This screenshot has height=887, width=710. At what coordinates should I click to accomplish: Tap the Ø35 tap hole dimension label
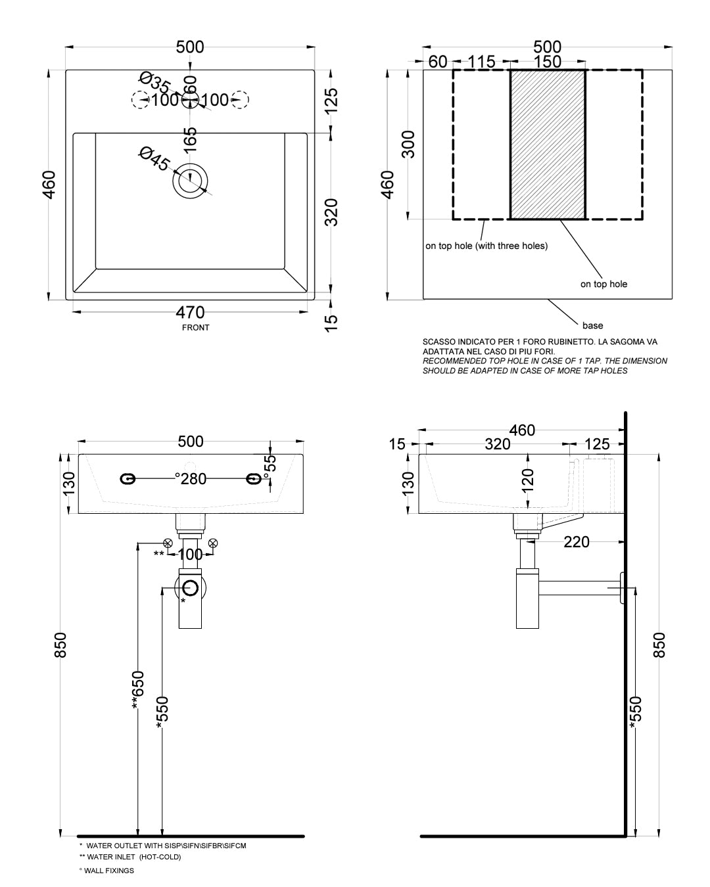[x=154, y=83]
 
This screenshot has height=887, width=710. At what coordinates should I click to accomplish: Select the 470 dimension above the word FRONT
[x=190, y=313]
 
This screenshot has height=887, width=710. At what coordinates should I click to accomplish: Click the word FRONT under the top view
[x=196, y=327]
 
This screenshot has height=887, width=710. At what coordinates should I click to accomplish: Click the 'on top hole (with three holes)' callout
[x=486, y=246]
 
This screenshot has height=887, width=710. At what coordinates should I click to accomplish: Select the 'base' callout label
[x=592, y=325]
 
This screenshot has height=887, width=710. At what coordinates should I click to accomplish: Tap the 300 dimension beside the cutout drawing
[x=408, y=144]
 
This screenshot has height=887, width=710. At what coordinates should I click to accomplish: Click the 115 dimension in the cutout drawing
[x=482, y=62]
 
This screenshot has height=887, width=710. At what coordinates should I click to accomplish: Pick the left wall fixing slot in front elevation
[x=128, y=479]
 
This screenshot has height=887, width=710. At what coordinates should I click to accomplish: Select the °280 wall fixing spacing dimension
[x=191, y=479]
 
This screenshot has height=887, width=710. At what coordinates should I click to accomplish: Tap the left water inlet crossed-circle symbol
[x=168, y=543]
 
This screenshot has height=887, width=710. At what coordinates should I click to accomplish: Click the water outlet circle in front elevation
[x=191, y=588]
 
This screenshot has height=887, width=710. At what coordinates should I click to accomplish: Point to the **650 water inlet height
[x=136, y=690]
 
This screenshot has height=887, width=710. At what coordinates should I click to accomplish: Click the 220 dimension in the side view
[x=577, y=542]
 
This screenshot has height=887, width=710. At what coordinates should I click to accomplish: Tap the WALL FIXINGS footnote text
[x=106, y=871]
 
